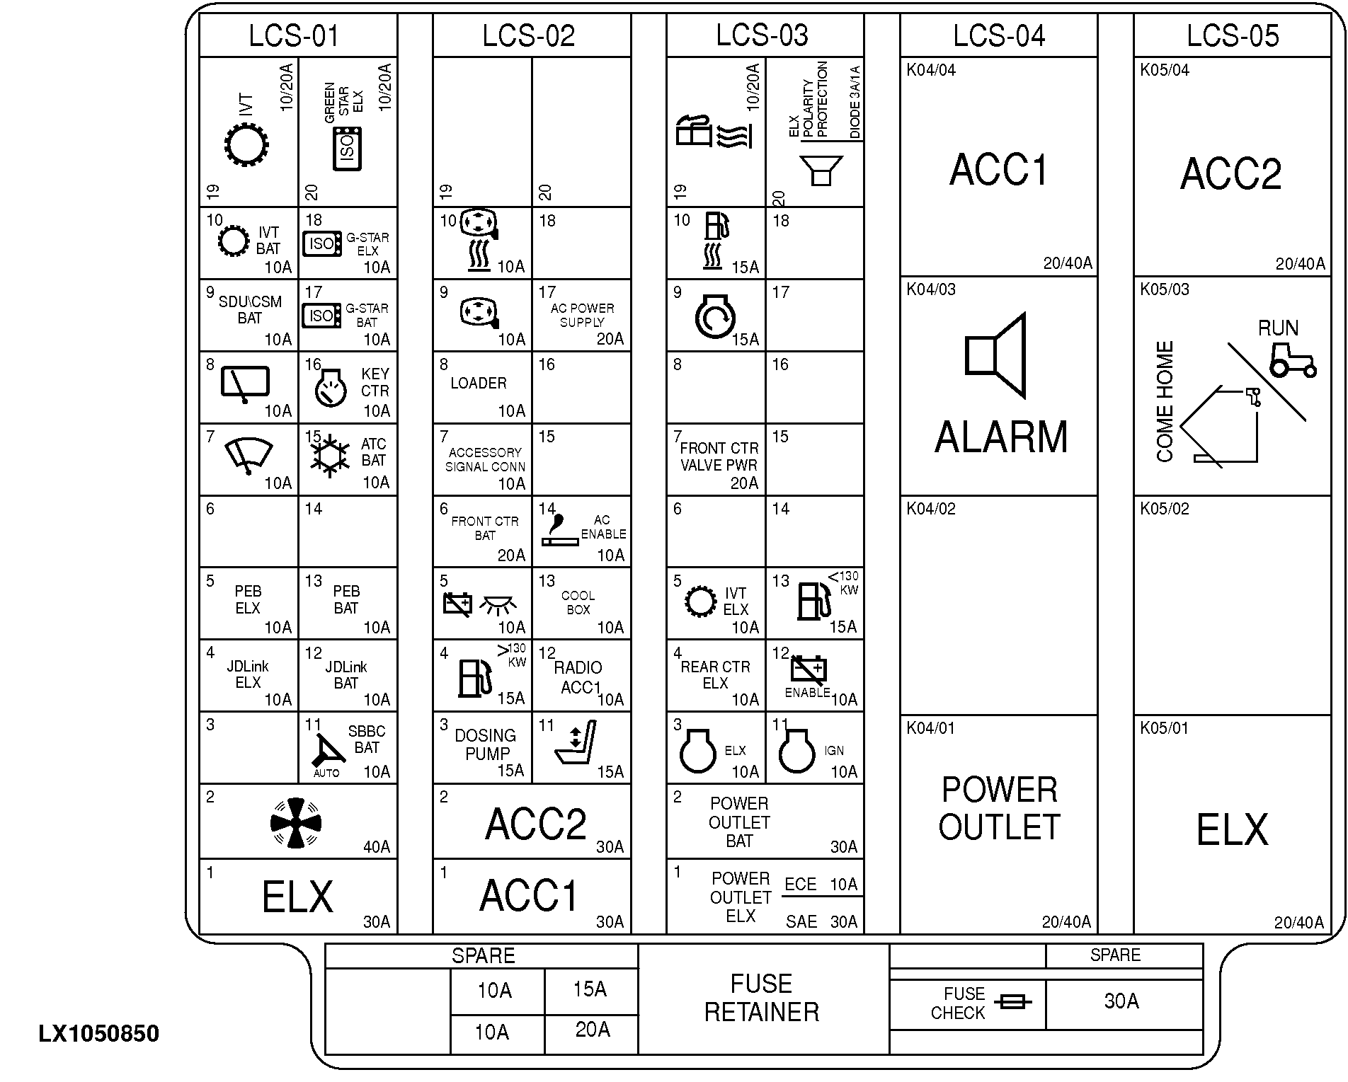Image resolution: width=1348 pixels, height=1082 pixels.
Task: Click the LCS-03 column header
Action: point(762,35)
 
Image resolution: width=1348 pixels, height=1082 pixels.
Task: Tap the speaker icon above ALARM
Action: point(995,355)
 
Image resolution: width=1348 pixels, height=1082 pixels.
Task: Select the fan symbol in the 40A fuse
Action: point(296,823)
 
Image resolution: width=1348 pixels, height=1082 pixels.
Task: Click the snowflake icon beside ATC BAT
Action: point(330,455)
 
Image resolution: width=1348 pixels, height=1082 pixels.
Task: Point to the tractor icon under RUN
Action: point(1292,360)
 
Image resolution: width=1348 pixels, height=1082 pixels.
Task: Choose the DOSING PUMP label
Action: point(486,744)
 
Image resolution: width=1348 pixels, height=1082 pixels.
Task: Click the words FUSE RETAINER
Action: point(761,998)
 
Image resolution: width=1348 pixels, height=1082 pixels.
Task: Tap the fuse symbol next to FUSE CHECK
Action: point(1013,1002)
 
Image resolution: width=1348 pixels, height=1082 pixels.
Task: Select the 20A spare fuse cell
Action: point(592,1030)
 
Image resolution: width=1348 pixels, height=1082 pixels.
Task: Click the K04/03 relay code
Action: point(931,289)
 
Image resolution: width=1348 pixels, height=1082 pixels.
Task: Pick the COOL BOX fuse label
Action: point(578,602)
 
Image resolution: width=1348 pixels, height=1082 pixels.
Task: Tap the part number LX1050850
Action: point(99,1034)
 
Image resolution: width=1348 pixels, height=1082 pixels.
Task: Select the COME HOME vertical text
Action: point(1165,402)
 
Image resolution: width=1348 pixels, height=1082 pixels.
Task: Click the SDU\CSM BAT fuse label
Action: point(249,309)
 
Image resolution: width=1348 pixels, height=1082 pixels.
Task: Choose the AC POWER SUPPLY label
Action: point(582,315)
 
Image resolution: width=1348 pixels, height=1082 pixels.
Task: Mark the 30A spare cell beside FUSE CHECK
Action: point(1121,1001)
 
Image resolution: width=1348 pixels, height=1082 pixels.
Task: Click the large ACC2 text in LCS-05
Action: point(1231,173)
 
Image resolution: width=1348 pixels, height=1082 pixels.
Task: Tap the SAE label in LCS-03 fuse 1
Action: point(801,921)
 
